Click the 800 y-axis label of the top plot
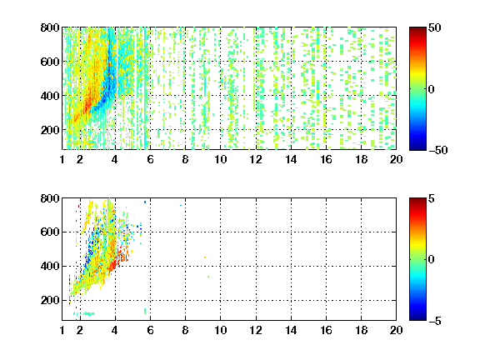tap(50, 27)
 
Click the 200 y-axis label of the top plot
tap(50, 130)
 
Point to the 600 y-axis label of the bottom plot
tap(50, 232)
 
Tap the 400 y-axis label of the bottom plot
tap(50, 266)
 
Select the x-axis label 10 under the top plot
tap(220, 159)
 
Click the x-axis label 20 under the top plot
tap(396, 159)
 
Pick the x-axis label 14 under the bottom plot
tap(291, 330)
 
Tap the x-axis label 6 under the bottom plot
tap(150, 330)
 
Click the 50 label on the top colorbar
tap(435, 27)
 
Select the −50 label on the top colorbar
tap(438, 150)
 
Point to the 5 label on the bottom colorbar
tap(432, 198)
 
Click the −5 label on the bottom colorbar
tap(435, 321)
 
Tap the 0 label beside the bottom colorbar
tap(432, 260)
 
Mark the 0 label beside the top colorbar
tap(432, 89)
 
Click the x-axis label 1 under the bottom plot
tap(62, 330)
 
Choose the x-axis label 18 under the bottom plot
tap(361, 330)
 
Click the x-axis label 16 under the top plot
tap(326, 159)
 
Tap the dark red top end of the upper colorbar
tap(417, 29)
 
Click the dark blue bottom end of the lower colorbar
tap(417, 318)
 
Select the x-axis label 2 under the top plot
tap(80, 159)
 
